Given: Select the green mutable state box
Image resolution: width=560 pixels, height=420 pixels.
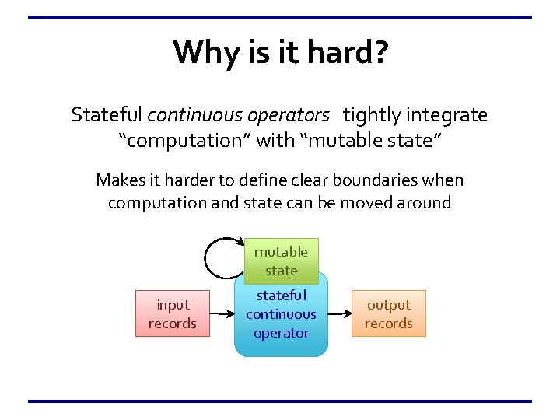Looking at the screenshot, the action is tap(281, 261).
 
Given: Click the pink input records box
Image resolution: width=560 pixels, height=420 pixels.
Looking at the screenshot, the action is tap(173, 313).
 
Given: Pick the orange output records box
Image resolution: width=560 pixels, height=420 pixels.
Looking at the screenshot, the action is tap(389, 313).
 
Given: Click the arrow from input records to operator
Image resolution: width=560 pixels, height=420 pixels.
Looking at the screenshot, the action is tap(222, 314).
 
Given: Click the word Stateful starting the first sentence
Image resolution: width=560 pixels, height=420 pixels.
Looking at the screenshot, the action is tap(107, 116).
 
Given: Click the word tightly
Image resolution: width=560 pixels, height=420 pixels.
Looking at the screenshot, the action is tap(372, 116).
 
